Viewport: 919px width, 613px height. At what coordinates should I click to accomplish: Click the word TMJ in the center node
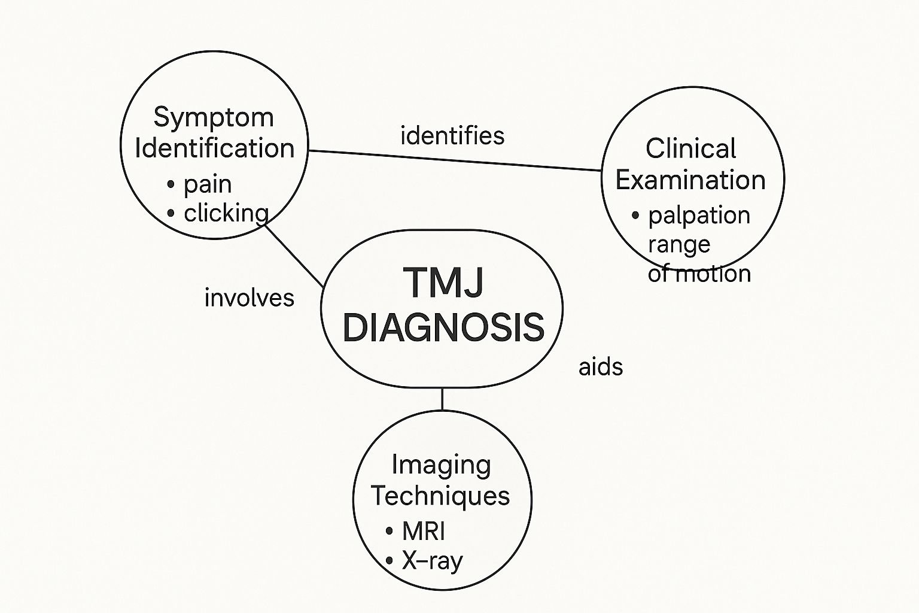pyautogui.click(x=443, y=282)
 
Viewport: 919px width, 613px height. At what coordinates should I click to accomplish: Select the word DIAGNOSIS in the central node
pyautogui.click(x=443, y=327)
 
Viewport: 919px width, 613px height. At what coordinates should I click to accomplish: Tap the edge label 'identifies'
pyautogui.click(x=452, y=136)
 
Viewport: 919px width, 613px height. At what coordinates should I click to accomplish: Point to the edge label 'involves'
pyautogui.click(x=249, y=298)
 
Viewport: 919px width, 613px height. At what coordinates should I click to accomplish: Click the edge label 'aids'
pyautogui.click(x=601, y=367)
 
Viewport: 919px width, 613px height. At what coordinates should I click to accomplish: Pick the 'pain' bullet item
pyautogui.click(x=207, y=184)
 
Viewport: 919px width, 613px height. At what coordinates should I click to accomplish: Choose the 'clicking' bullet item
pyautogui.click(x=226, y=213)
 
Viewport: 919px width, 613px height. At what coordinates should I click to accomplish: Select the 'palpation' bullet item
pyautogui.click(x=699, y=216)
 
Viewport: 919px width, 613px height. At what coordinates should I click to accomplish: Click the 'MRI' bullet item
pyautogui.click(x=423, y=531)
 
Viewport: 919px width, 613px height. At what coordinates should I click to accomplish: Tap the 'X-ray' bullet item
pyautogui.click(x=432, y=561)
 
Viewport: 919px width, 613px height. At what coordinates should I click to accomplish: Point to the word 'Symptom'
pyautogui.click(x=214, y=117)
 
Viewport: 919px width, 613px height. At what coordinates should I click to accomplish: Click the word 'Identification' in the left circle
pyautogui.click(x=215, y=148)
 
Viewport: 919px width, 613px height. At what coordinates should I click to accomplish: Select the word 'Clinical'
pyautogui.click(x=690, y=148)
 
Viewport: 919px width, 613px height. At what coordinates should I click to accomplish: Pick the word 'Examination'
pyautogui.click(x=690, y=180)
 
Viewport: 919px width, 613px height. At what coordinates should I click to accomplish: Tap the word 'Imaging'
pyautogui.click(x=442, y=465)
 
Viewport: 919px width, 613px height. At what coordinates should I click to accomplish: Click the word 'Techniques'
pyautogui.click(x=440, y=496)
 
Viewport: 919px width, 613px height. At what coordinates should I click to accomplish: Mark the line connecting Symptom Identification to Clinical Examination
pyautogui.click(x=455, y=160)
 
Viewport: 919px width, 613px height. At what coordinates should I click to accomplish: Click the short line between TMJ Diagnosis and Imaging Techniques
pyautogui.click(x=442, y=399)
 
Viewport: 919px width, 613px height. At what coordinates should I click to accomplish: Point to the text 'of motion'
pyautogui.click(x=699, y=274)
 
